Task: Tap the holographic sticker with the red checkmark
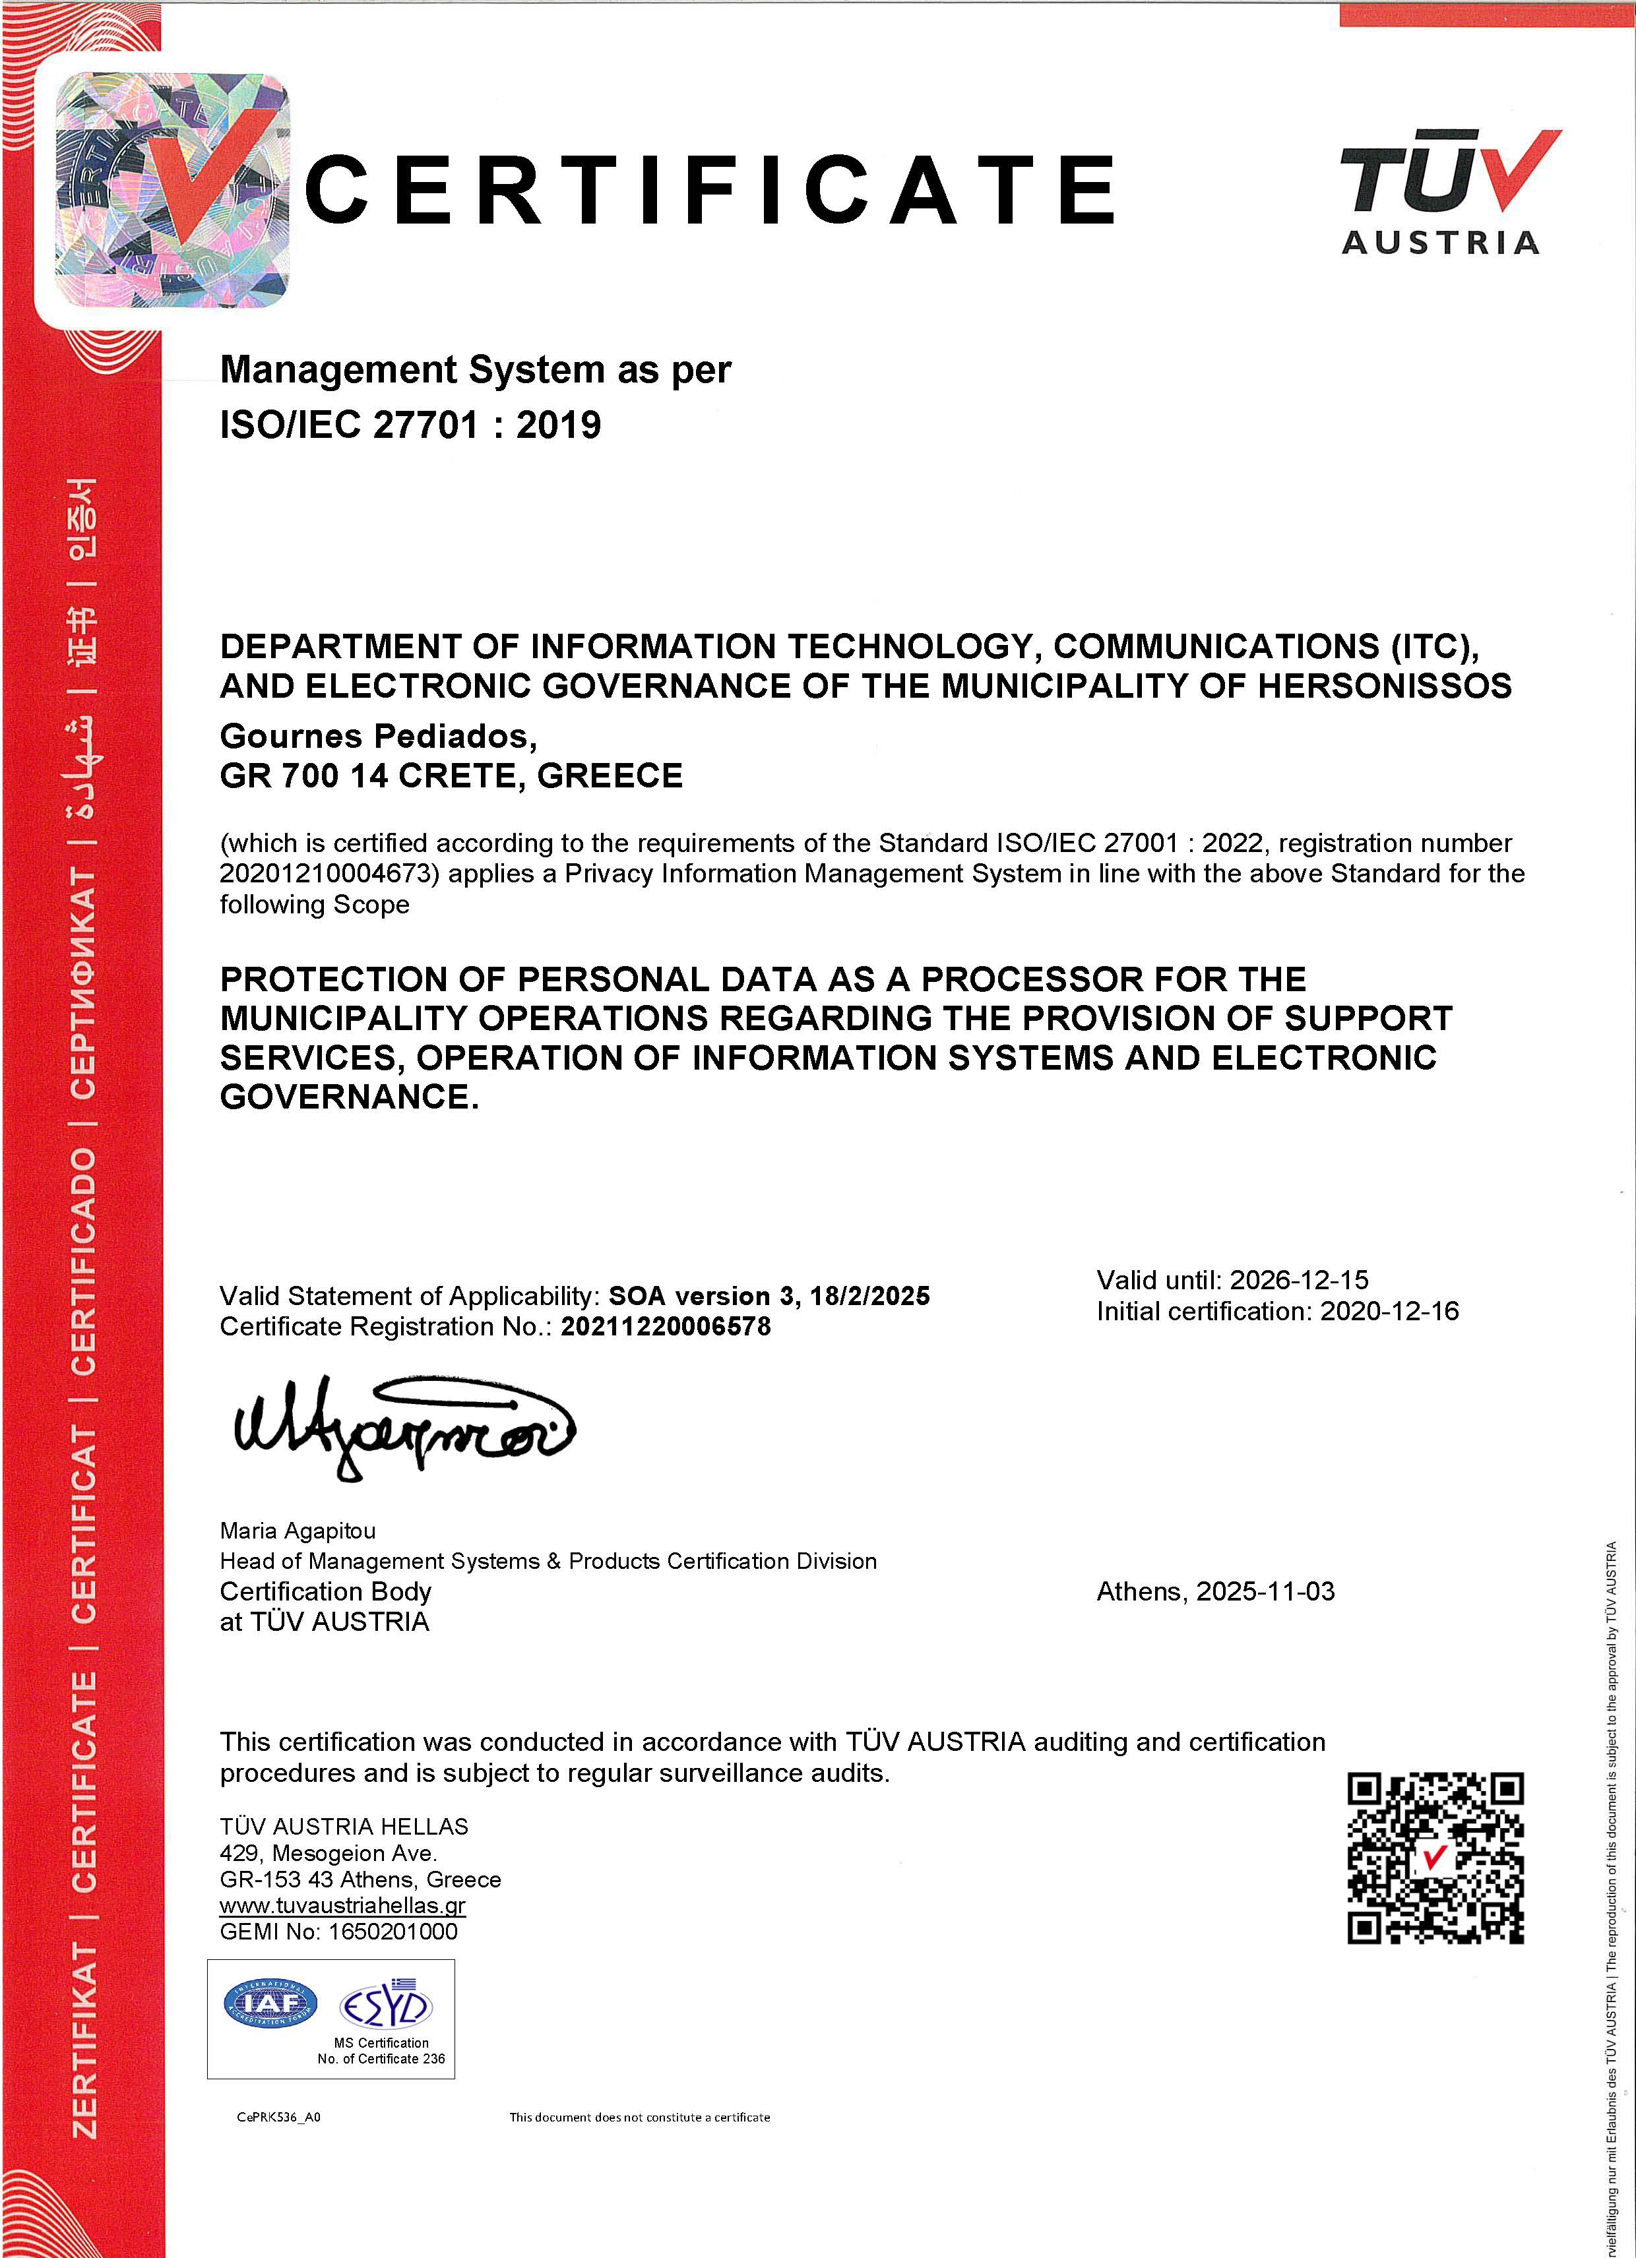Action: [172, 189]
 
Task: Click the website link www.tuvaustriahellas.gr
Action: [342, 1906]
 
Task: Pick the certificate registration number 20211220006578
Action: [665, 1327]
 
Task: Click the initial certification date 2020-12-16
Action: [1389, 1311]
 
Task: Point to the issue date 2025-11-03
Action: [1265, 1592]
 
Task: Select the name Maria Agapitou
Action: [298, 1530]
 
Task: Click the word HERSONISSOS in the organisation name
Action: [1384, 686]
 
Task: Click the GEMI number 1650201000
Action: [393, 1932]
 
